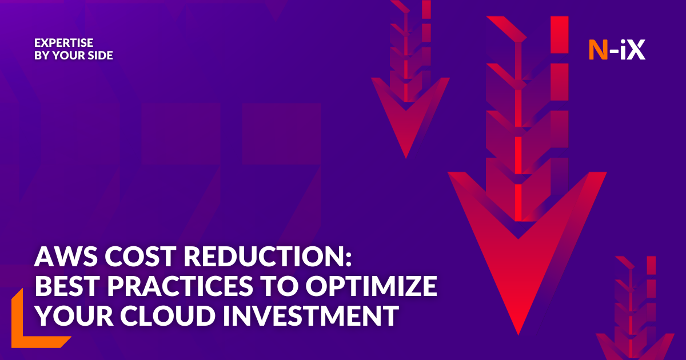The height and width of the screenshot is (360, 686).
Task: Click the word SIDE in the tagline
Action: tap(101, 56)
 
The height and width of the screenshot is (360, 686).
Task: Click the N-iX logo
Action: tap(617, 50)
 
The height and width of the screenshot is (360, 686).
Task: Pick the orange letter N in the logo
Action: tap(598, 50)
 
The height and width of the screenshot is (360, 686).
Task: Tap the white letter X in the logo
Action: tap(636, 50)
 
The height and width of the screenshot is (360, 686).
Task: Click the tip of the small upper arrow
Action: tap(405, 156)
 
